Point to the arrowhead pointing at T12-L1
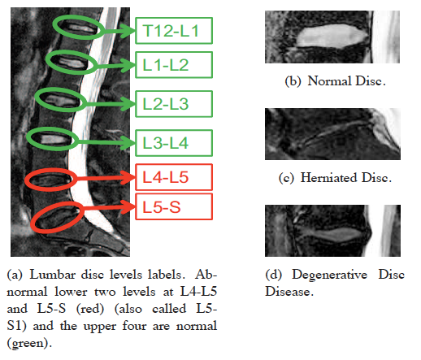coord(128,31)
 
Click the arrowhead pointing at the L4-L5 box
coord(128,177)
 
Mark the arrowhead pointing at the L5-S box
coord(128,207)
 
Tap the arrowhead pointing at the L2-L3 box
coord(128,104)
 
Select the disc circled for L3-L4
coord(54,139)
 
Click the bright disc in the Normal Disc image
coord(331,36)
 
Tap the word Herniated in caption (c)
coord(328,178)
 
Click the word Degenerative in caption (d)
coord(329,275)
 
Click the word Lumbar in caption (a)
coord(52,275)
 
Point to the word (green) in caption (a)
coord(29,343)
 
